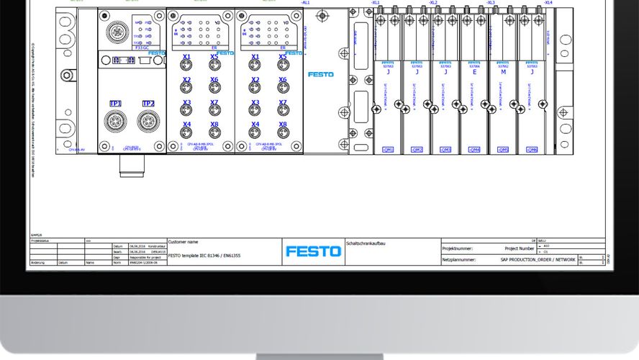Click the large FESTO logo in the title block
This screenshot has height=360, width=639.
(313, 251)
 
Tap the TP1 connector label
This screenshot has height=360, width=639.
(115, 104)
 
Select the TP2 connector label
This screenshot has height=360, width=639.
(148, 104)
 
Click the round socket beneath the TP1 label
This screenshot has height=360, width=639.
(115, 121)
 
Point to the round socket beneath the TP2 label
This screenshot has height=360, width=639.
(148, 121)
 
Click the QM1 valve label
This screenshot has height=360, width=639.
(388, 150)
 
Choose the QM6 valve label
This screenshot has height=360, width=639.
(532, 150)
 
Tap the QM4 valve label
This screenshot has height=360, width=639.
(474, 150)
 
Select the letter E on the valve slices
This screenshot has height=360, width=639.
(474, 72)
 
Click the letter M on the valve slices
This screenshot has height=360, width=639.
(503, 72)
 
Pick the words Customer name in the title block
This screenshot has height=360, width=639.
(183, 242)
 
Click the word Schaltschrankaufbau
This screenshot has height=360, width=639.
(367, 243)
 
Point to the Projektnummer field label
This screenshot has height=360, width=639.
(458, 248)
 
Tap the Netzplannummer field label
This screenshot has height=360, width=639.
(458, 259)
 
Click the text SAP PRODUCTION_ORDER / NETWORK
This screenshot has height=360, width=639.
(538, 259)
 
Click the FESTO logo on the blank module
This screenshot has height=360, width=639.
(320, 74)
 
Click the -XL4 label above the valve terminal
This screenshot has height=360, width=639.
(548, 3)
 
